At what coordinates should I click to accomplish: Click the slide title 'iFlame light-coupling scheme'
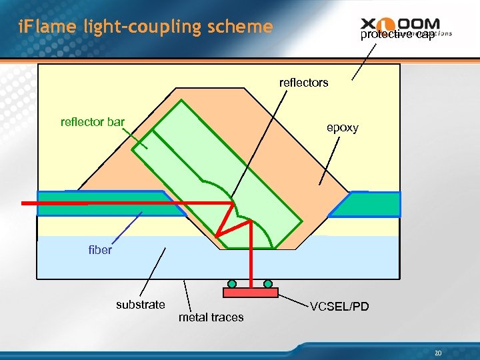(145, 27)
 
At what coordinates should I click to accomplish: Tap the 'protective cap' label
(397, 35)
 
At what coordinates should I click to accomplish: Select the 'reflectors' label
(303, 83)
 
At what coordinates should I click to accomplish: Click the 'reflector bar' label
(92, 122)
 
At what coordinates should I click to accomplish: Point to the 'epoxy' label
(342, 127)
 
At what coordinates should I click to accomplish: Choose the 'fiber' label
(100, 250)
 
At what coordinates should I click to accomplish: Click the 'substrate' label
(140, 305)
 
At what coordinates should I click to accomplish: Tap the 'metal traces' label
(211, 317)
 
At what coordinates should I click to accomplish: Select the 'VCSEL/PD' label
(339, 307)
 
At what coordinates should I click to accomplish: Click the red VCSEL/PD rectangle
(251, 293)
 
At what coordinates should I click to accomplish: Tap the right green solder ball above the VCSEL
(268, 283)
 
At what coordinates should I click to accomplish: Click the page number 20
(437, 353)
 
